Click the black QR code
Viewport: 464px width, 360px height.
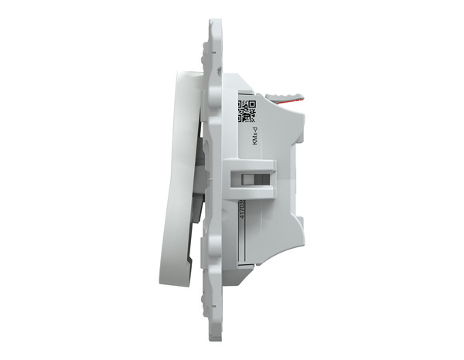pos(246,110)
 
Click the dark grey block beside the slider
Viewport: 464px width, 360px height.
pos(264,178)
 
